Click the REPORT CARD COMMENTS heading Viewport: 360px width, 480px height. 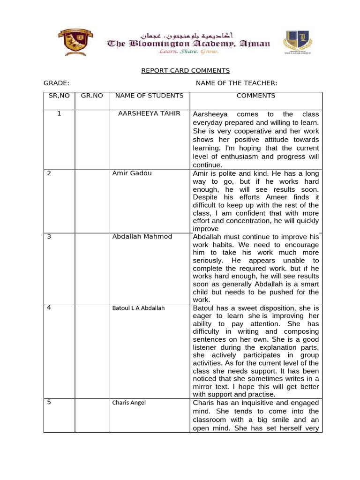tap(186, 71)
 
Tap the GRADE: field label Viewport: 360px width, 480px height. tap(57, 83)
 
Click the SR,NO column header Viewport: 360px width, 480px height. tap(59, 96)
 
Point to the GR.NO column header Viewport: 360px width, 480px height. tap(92, 96)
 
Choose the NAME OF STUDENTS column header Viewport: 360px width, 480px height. tap(149, 96)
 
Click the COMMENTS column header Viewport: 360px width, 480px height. tap(256, 96)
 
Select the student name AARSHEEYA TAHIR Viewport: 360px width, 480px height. tap(149, 114)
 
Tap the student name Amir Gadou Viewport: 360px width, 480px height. tap(132, 173)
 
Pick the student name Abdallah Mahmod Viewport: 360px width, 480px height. tap(142, 237)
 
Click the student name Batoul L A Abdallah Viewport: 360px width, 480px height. tap(138, 308)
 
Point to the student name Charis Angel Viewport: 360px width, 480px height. tap(129, 402)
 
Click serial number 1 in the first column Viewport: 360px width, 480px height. tap(59, 114)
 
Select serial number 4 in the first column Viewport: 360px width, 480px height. tap(49, 308)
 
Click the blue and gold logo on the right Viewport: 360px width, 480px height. tap(298, 43)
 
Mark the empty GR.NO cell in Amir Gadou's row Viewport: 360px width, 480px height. tap(92, 201)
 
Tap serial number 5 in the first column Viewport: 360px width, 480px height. tap(49, 402)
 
